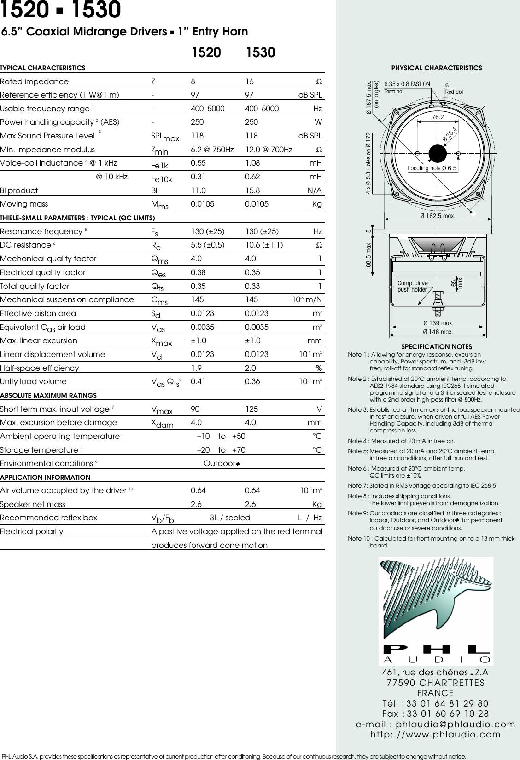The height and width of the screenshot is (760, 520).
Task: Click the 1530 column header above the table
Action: click(260, 52)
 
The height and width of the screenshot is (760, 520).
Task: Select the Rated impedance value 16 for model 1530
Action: click(249, 81)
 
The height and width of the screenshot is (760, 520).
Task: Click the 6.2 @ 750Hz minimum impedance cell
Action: click(212, 150)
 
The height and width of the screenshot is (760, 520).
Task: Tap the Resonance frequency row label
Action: click(41, 231)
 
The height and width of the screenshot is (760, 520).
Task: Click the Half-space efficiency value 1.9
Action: click(196, 368)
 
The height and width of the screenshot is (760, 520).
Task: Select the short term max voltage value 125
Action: click(252, 409)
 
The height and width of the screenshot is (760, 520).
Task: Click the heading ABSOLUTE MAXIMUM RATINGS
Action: click(48, 395)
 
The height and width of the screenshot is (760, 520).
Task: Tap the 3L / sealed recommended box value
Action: click(230, 518)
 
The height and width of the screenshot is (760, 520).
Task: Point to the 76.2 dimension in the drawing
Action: click(438, 117)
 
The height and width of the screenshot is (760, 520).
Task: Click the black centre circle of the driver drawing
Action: click(438, 153)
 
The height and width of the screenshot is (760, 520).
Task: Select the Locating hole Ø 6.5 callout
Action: click(432, 168)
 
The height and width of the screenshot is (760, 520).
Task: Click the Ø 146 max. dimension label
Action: click(438, 332)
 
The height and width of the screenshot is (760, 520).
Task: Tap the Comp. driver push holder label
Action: click(413, 286)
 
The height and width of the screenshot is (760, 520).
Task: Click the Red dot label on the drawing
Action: click(454, 92)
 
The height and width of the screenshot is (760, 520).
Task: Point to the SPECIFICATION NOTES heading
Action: click(436, 347)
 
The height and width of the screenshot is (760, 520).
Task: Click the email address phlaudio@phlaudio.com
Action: click(435, 724)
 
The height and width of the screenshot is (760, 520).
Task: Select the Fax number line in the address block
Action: click(435, 714)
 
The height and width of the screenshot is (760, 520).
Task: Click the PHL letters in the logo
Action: click(436, 649)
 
